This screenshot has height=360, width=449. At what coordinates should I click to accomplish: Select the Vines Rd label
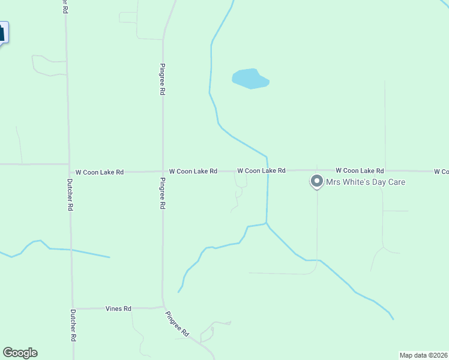[x=118, y=309]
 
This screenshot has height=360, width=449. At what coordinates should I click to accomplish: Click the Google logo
[x=20, y=353]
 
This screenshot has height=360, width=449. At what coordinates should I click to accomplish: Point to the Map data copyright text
[x=424, y=355]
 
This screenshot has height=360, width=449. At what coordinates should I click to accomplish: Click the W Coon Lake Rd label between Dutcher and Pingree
[x=99, y=172]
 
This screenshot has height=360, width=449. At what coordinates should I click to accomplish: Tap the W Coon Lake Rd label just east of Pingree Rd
[x=193, y=172]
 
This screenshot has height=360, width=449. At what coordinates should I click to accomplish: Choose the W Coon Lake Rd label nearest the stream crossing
[x=261, y=171]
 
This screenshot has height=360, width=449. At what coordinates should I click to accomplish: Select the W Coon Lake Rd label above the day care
[x=360, y=171]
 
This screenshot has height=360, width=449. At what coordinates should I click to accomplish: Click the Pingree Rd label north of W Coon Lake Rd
[x=163, y=79]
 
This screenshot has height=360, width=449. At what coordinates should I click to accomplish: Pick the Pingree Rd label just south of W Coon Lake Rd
[x=163, y=193]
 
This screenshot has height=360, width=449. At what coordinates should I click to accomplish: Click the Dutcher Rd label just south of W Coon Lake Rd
[x=70, y=195]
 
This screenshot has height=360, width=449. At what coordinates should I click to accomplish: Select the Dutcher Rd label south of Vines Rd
[x=73, y=325]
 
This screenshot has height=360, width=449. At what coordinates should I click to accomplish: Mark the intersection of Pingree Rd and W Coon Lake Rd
[x=163, y=172]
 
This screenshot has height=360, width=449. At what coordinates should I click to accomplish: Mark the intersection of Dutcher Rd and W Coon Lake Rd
[x=69, y=172]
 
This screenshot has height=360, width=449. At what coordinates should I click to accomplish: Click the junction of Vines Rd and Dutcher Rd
[x=73, y=309]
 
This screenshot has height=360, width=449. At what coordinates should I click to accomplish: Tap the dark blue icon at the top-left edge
[x=3, y=32]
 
